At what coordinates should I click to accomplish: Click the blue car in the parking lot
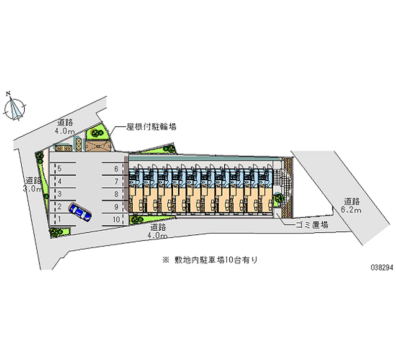click(80, 211)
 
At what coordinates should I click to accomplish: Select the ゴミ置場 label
click(311, 224)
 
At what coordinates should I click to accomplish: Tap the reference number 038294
click(381, 266)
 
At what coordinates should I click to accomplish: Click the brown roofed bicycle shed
click(99, 146)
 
